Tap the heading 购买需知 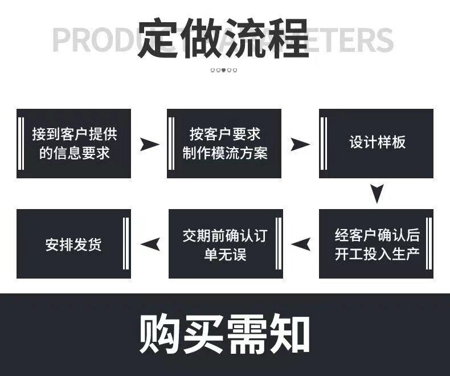(224, 334)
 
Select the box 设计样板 (377, 143)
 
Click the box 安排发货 (73, 244)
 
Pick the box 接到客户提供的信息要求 (73, 143)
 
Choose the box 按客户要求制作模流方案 (224, 143)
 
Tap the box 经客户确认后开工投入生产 (376, 244)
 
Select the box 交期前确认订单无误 (225, 244)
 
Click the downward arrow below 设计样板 (375, 194)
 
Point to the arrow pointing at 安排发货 (150, 244)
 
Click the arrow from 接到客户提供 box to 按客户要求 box (150, 144)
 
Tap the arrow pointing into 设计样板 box (300, 144)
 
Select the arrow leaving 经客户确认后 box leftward (301, 244)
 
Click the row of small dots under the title (224, 71)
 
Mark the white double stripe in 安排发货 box (125, 244)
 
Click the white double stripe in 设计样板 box (324, 143)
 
